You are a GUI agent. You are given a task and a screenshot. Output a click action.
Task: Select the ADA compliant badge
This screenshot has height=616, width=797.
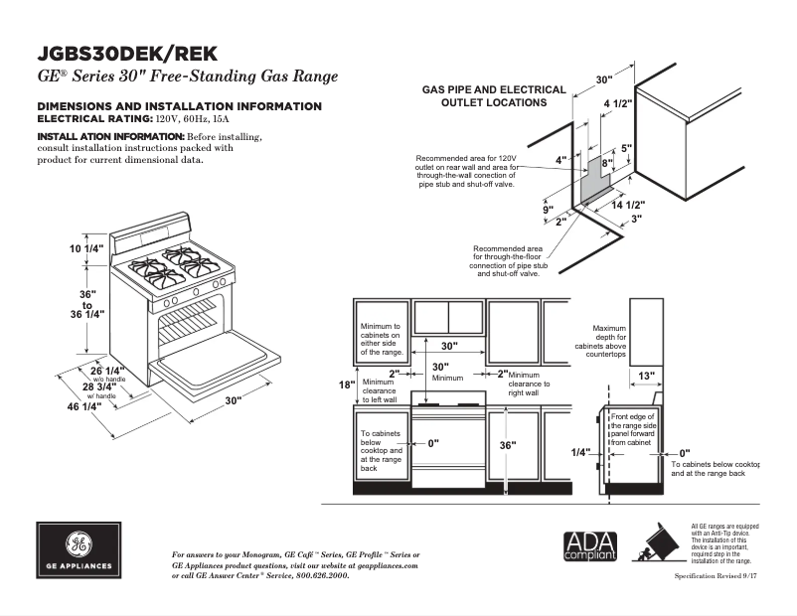click(590, 547)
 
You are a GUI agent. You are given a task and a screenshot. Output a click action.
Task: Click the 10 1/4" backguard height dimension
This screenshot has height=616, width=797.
click(85, 248)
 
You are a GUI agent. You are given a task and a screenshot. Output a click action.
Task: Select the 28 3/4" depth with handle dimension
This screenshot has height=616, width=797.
click(101, 386)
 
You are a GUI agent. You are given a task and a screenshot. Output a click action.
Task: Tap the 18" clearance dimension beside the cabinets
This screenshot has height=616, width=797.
click(346, 385)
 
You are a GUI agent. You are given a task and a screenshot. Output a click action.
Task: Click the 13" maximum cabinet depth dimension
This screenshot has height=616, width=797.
click(646, 376)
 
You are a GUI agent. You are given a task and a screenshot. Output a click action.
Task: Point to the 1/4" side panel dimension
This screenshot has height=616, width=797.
click(580, 452)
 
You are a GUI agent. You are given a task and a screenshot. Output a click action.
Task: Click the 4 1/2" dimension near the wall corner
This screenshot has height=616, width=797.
click(618, 102)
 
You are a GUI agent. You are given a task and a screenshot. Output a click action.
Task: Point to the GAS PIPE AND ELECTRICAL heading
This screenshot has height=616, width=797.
click(494, 89)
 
